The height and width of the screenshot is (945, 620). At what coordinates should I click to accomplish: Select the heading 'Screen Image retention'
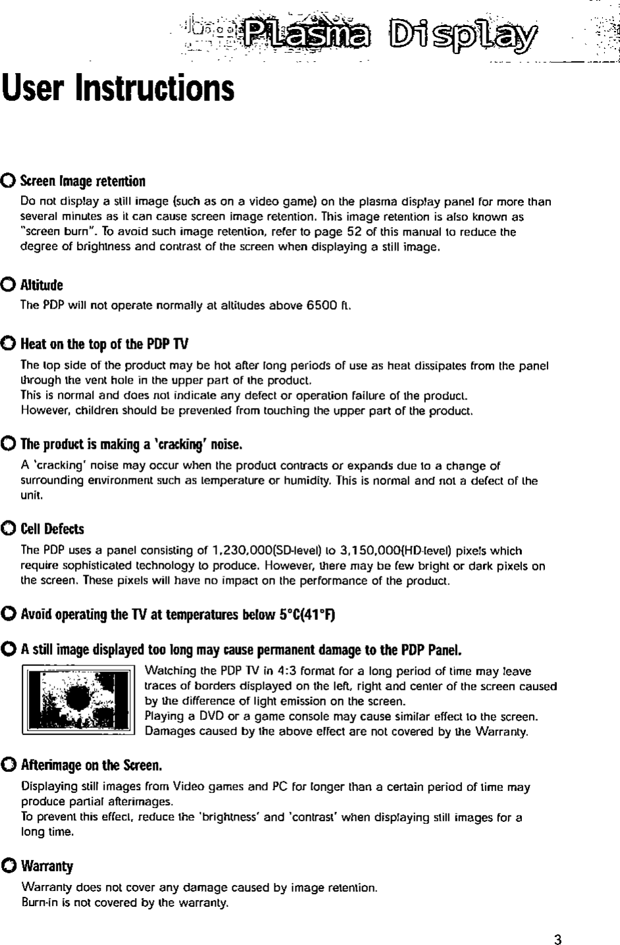pos(83,181)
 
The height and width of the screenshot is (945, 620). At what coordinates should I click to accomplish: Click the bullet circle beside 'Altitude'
pos(10,285)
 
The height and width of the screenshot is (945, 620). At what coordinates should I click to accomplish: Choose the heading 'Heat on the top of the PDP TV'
pos(105,344)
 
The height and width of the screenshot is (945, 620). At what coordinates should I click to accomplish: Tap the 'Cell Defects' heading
pos(53,529)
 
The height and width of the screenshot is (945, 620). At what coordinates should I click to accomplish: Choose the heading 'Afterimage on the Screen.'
pos(91,766)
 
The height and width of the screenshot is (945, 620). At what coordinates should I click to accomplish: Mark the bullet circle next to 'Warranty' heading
pos(10,865)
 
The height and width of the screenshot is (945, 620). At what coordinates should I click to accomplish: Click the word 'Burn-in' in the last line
pos(38,902)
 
